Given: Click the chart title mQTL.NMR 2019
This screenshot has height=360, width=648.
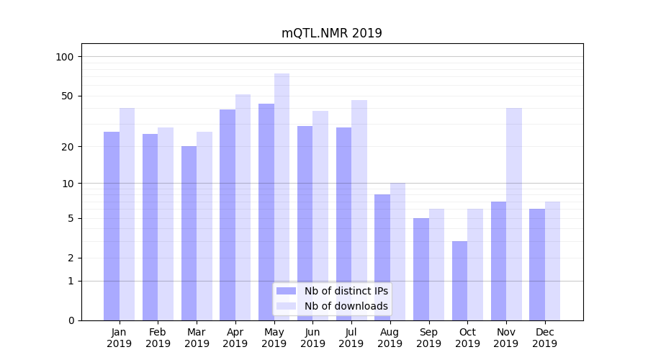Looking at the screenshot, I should pyautogui.click(x=331, y=34).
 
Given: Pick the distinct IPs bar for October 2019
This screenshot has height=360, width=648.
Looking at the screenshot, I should pyautogui.click(x=459, y=281).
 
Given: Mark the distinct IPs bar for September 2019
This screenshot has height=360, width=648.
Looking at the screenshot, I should pyautogui.click(x=421, y=269).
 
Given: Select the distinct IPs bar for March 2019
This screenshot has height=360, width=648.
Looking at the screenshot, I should pyautogui.click(x=189, y=233).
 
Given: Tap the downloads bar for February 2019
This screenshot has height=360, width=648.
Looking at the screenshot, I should pyautogui.click(x=166, y=224).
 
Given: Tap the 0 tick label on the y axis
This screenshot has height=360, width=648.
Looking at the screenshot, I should pyautogui.click(x=71, y=320).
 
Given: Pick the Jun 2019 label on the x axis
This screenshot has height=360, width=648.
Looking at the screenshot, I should pyautogui.click(x=312, y=338).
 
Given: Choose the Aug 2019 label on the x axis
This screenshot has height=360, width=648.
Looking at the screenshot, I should pyautogui.click(x=390, y=338).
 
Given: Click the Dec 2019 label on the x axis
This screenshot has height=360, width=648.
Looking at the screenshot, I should pyautogui.click(x=544, y=338).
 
